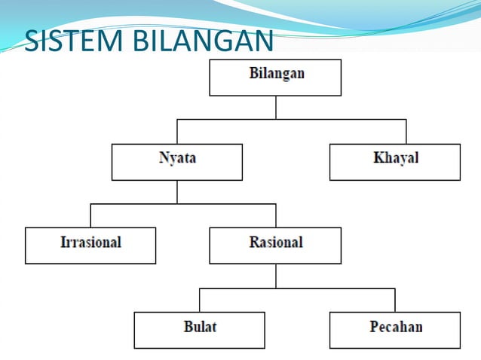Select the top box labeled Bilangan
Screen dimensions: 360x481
[x=275, y=78]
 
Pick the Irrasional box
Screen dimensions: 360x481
[x=90, y=246]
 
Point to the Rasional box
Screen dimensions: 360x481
[x=275, y=246]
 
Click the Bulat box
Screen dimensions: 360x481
[x=200, y=330]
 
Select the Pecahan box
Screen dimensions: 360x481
[x=395, y=330]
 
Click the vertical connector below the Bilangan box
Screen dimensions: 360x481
[x=276, y=107]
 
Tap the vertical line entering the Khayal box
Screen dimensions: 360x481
[x=406, y=132]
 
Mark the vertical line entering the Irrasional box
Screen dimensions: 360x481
[x=90, y=215]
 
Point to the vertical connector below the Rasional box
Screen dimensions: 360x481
[x=276, y=276]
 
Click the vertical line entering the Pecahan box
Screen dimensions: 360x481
[x=395, y=301]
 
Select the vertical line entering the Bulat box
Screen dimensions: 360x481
[x=200, y=301]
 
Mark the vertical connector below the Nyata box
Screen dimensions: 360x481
[x=177, y=191]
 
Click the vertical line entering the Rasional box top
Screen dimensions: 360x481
[x=276, y=215]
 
